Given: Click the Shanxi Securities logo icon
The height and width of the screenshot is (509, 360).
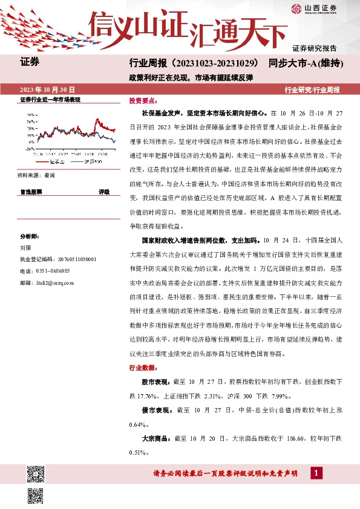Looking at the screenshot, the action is click(x=296, y=8).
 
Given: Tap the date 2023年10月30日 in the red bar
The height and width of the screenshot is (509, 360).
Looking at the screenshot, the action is click(x=48, y=89).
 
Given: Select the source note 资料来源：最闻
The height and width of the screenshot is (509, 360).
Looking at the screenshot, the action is click(x=37, y=175).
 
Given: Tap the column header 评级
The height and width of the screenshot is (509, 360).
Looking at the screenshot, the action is click(x=104, y=192).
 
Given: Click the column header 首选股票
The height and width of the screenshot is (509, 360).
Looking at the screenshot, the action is click(x=31, y=192).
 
